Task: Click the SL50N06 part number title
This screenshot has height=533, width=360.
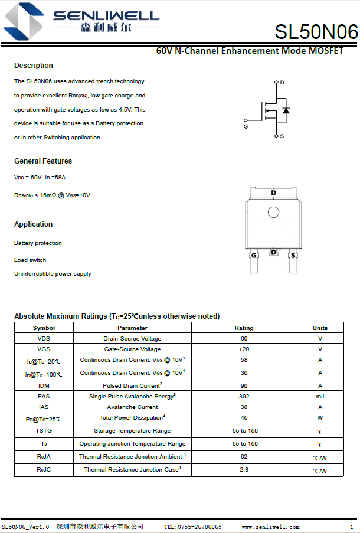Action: click(x=316, y=32)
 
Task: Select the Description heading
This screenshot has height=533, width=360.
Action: click(x=34, y=66)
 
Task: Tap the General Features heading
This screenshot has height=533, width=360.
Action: click(x=43, y=161)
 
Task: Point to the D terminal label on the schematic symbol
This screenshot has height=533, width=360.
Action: click(x=282, y=83)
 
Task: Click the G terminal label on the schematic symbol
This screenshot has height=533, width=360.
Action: click(x=246, y=126)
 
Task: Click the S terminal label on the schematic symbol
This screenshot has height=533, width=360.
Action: click(x=282, y=136)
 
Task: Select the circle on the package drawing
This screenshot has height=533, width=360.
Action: click(x=273, y=212)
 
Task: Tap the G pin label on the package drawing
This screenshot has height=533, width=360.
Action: click(x=254, y=256)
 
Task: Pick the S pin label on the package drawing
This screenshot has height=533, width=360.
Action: click(x=293, y=256)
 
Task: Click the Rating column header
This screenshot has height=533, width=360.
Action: click(x=244, y=328)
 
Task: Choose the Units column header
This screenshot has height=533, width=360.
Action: click(x=320, y=328)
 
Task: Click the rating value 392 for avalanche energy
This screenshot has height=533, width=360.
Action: click(x=244, y=397)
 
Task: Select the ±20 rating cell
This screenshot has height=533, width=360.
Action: click(x=244, y=349)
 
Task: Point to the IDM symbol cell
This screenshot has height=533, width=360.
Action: click(x=44, y=386)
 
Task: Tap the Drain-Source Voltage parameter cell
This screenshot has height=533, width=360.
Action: click(x=132, y=339)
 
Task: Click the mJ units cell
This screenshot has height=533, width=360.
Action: click(x=320, y=397)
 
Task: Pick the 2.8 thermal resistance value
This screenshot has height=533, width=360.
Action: click(x=244, y=470)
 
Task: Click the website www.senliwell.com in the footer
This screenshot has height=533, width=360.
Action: click(x=270, y=527)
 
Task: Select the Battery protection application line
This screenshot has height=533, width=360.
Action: click(x=38, y=243)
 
